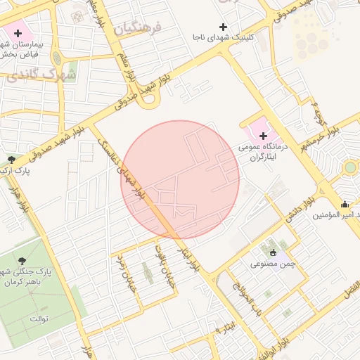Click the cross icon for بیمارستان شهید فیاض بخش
(x=18, y=33)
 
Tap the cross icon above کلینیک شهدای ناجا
(x=224, y=27)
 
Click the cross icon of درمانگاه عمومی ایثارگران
(x=264, y=135)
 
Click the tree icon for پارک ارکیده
(x=11, y=160)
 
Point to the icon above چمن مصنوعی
(x=274, y=252)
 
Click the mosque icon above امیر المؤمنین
(x=345, y=205)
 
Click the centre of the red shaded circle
(x=181, y=179)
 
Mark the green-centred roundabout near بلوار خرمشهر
(x=349, y=167)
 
